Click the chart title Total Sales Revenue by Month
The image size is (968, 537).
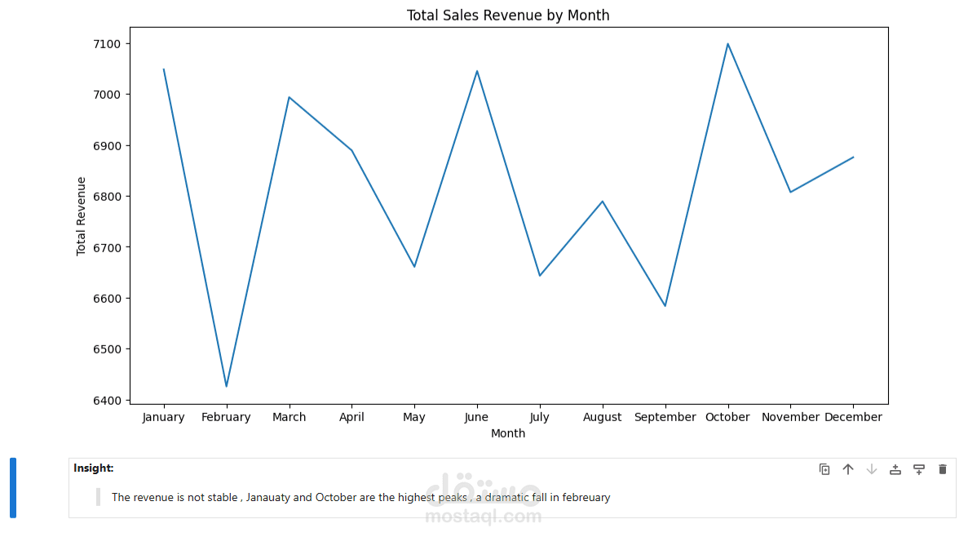tap(508, 16)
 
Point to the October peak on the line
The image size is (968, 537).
tap(727, 44)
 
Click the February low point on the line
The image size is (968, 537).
tap(226, 386)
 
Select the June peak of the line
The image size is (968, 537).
tap(477, 71)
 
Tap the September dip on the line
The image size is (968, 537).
tap(665, 306)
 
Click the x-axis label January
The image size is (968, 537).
tap(163, 417)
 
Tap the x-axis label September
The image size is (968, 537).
tap(665, 417)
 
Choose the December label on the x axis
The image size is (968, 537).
tap(853, 417)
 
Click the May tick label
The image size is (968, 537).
tap(414, 417)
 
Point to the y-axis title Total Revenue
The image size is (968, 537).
tap(82, 216)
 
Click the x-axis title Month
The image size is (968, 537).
tap(508, 433)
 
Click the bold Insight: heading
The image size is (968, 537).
tap(94, 468)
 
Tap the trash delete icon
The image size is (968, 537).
tap(943, 469)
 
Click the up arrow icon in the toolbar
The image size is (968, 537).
tap(848, 469)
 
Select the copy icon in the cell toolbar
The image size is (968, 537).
tap(824, 469)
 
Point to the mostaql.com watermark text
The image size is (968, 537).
tap(484, 517)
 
